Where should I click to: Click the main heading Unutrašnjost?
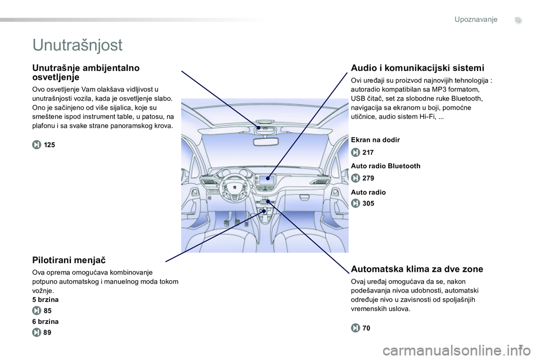(x=78, y=44)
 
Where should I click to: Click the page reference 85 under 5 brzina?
(x=47, y=310)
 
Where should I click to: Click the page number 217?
(x=368, y=152)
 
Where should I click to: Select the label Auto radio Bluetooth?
(x=385, y=166)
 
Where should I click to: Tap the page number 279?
(x=368, y=178)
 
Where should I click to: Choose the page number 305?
(x=368, y=204)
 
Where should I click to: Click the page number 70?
(x=366, y=328)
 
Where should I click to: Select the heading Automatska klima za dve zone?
(x=416, y=268)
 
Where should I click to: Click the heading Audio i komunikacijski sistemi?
(x=417, y=67)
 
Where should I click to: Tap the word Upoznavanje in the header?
(x=476, y=20)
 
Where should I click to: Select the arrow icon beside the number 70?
(x=355, y=328)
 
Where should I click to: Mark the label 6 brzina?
(x=46, y=322)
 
